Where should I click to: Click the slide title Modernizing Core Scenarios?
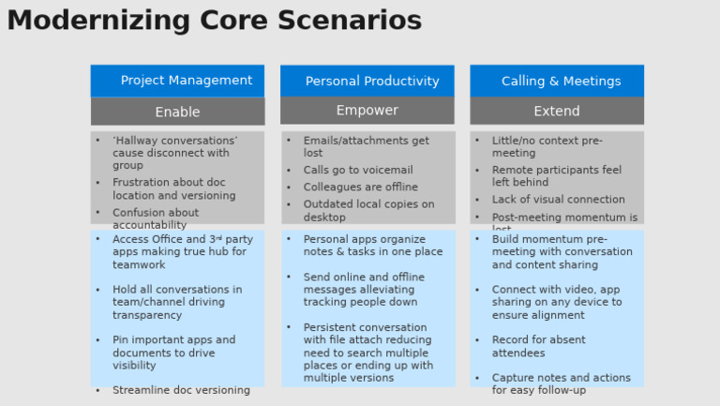pyautogui.click(x=215, y=21)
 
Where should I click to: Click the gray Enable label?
pyautogui.click(x=177, y=112)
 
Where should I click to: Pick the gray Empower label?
pyautogui.click(x=367, y=111)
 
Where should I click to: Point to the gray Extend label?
pyautogui.click(x=557, y=111)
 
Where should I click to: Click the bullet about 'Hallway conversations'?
pyautogui.click(x=174, y=153)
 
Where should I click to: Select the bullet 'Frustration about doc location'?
pyautogui.click(x=173, y=189)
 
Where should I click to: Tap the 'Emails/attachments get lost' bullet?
pyautogui.click(x=366, y=146)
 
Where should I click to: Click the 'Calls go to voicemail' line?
pyautogui.click(x=357, y=171)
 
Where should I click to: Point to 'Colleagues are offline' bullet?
pyautogui.click(x=360, y=188)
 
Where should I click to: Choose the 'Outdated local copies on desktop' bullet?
pyautogui.click(x=367, y=210)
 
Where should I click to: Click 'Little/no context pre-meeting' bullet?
pyautogui.click(x=547, y=146)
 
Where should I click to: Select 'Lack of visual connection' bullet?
pyautogui.click(x=558, y=200)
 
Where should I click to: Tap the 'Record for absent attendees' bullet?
pyautogui.click(x=538, y=346)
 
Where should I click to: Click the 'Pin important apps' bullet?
pyautogui.click(x=173, y=353)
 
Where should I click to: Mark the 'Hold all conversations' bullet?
pyautogui.click(x=176, y=302)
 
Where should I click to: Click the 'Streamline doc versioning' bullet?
pyautogui.click(x=181, y=390)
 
